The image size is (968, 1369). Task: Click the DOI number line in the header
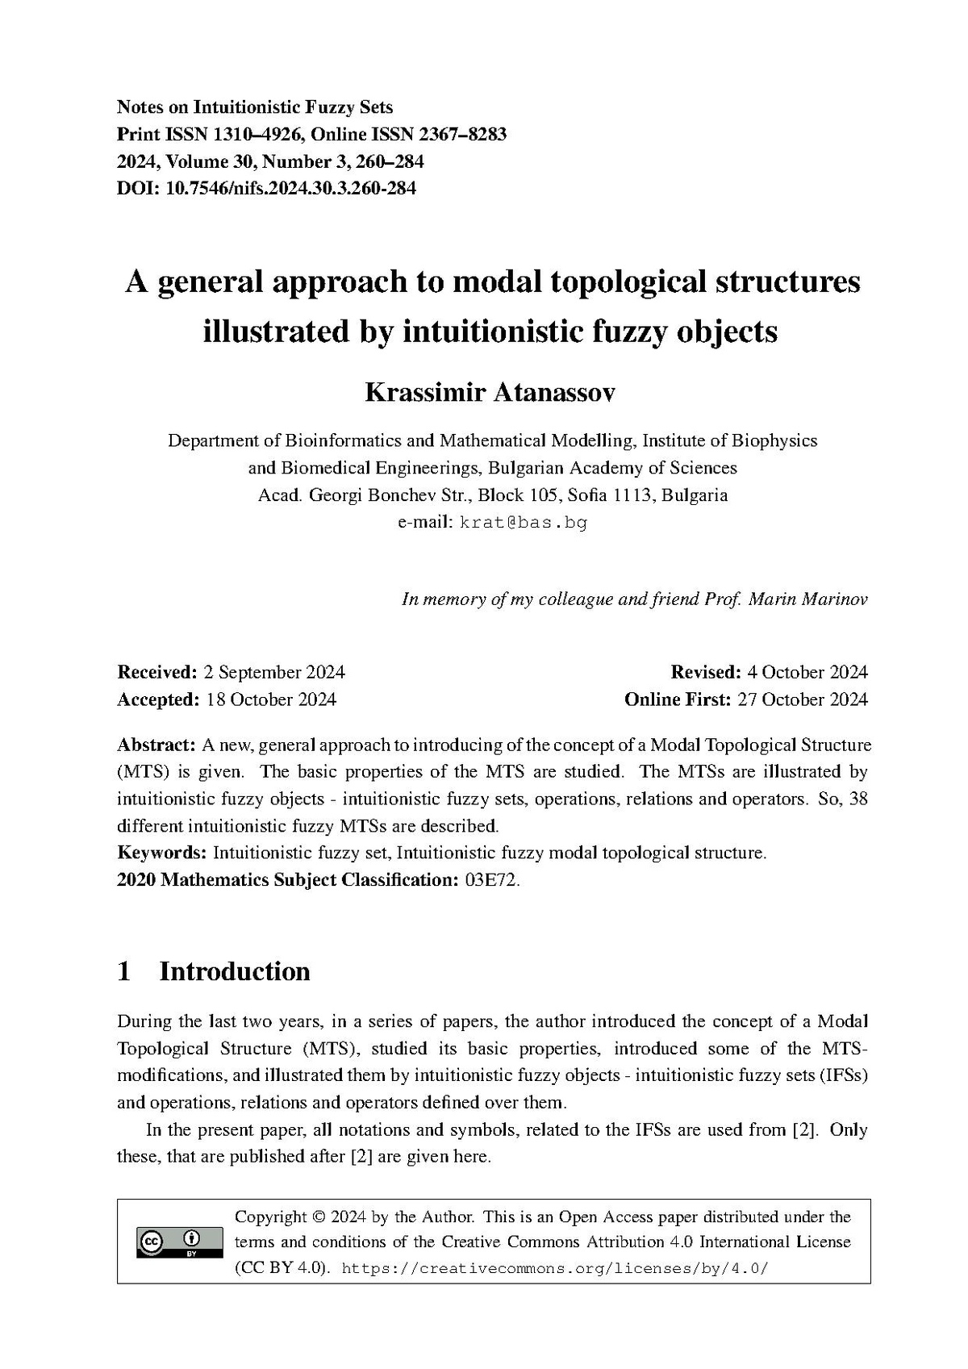(266, 189)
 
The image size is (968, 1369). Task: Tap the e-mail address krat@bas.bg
(524, 522)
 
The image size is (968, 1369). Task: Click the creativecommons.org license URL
(555, 1268)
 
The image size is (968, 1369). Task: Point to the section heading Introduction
(235, 971)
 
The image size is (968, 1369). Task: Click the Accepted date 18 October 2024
(271, 699)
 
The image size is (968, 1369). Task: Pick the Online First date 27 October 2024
(803, 699)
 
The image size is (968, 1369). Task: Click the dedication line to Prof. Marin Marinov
(634, 599)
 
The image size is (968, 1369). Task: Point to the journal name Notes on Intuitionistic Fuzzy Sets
(255, 106)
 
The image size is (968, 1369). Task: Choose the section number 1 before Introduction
(124, 971)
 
